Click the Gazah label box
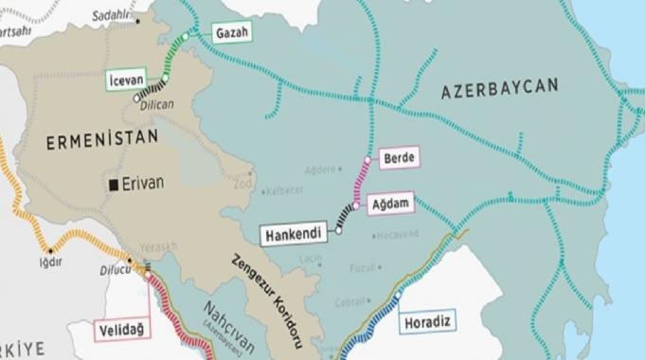click(232, 32)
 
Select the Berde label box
click(397, 156)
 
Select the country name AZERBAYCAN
click(499, 88)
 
